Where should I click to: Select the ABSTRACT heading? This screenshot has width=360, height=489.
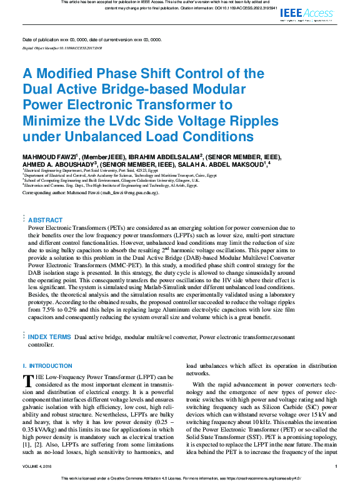(46, 220)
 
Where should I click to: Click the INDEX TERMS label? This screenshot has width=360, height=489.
(49, 337)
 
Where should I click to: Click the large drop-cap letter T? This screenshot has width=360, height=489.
(27, 380)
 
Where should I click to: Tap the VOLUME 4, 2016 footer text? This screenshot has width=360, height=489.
(39, 467)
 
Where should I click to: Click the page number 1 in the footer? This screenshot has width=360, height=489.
(336, 467)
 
